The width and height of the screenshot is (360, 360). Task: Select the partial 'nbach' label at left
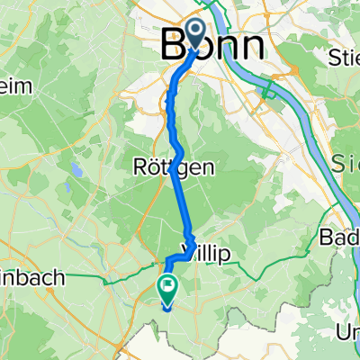[x=32, y=279]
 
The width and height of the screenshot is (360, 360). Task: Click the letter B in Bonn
[x=174, y=47]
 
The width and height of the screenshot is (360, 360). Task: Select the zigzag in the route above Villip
[x=190, y=239]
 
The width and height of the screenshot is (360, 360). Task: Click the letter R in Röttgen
[x=139, y=167]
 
